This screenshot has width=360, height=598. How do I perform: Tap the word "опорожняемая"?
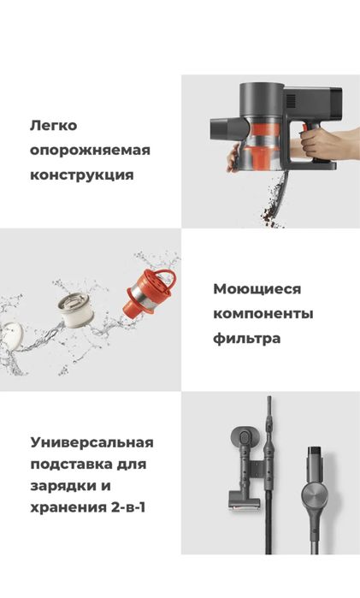click(90, 151)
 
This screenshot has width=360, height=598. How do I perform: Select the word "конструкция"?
click(81, 175)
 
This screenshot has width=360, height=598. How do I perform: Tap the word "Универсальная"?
click(91, 443)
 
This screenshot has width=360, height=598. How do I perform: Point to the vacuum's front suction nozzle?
click(221, 129)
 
